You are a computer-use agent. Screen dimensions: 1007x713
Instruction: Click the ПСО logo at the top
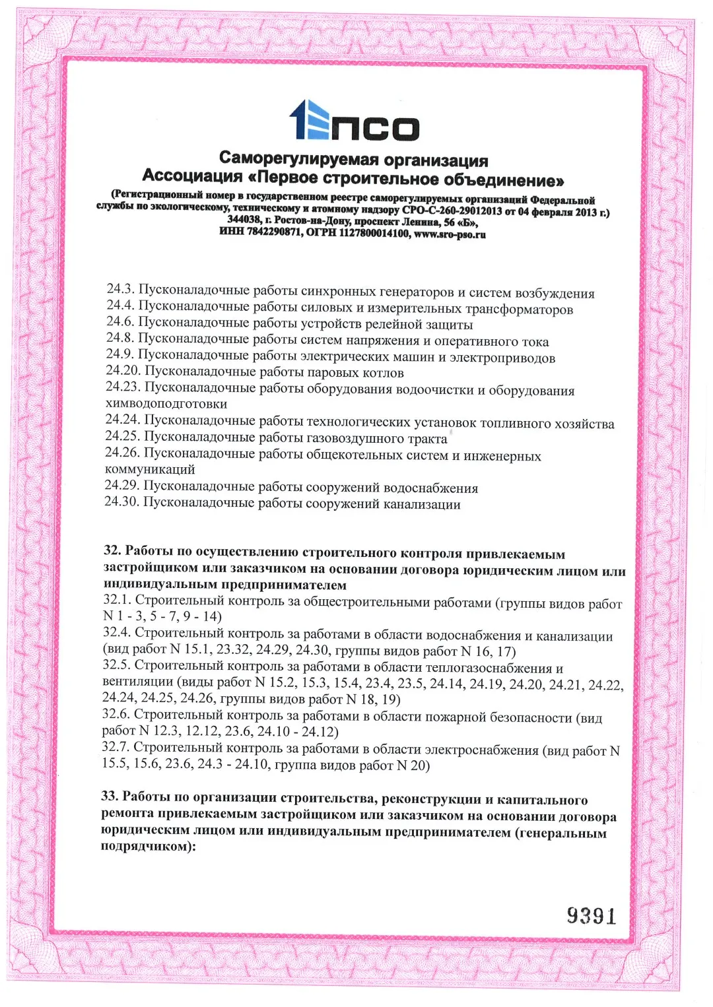pos(355,121)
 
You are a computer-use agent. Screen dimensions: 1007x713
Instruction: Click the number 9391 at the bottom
pos(592,916)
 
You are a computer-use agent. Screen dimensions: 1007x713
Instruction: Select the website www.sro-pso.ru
pos(450,234)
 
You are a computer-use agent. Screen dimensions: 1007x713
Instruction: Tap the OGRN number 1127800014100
pos(374,233)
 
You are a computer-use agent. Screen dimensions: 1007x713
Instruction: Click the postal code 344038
pos(244,219)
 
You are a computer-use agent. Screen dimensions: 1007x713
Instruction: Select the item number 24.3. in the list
pos(121,289)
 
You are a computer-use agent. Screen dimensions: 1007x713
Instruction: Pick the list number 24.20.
pos(123,371)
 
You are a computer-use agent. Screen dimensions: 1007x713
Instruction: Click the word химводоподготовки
pos(166,403)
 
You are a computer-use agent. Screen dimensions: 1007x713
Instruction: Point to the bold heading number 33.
pos(110,796)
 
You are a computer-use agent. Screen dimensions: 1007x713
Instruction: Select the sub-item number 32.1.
pos(118,600)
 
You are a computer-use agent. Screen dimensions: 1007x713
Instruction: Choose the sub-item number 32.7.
pos(116,747)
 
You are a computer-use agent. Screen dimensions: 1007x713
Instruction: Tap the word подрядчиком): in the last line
pos(149,846)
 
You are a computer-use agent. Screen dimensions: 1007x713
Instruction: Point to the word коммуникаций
pos(150,469)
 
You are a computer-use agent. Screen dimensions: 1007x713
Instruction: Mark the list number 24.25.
pos(122,436)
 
